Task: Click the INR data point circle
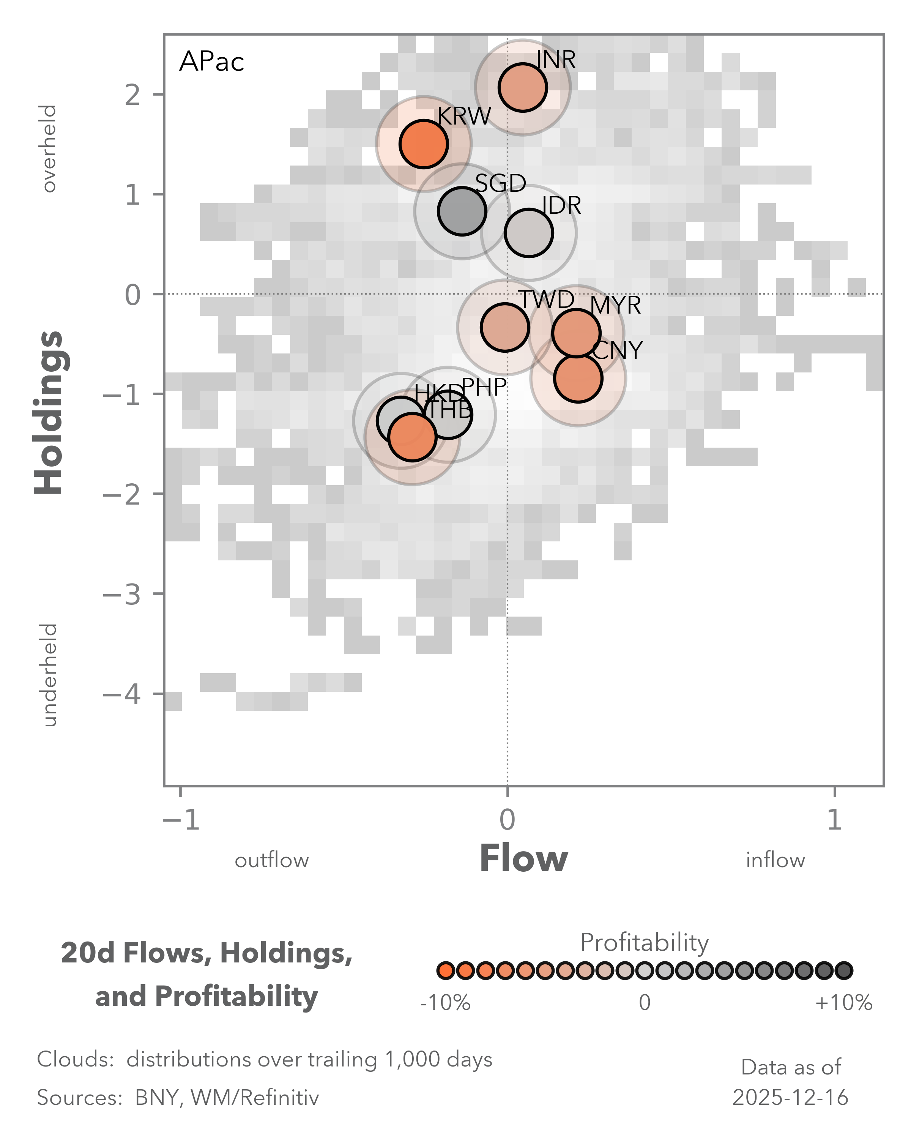click(522, 88)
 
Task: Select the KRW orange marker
click(424, 144)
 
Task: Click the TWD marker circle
click(505, 328)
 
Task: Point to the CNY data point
click(578, 378)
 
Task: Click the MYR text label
click(615, 305)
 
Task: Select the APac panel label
click(212, 62)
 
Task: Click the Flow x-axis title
click(523, 859)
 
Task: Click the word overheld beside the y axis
click(49, 148)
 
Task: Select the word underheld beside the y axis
click(49, 675)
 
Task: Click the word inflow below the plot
click(775, 861)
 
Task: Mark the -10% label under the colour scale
click(445, 1002)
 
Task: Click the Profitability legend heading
click(644, 942)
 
